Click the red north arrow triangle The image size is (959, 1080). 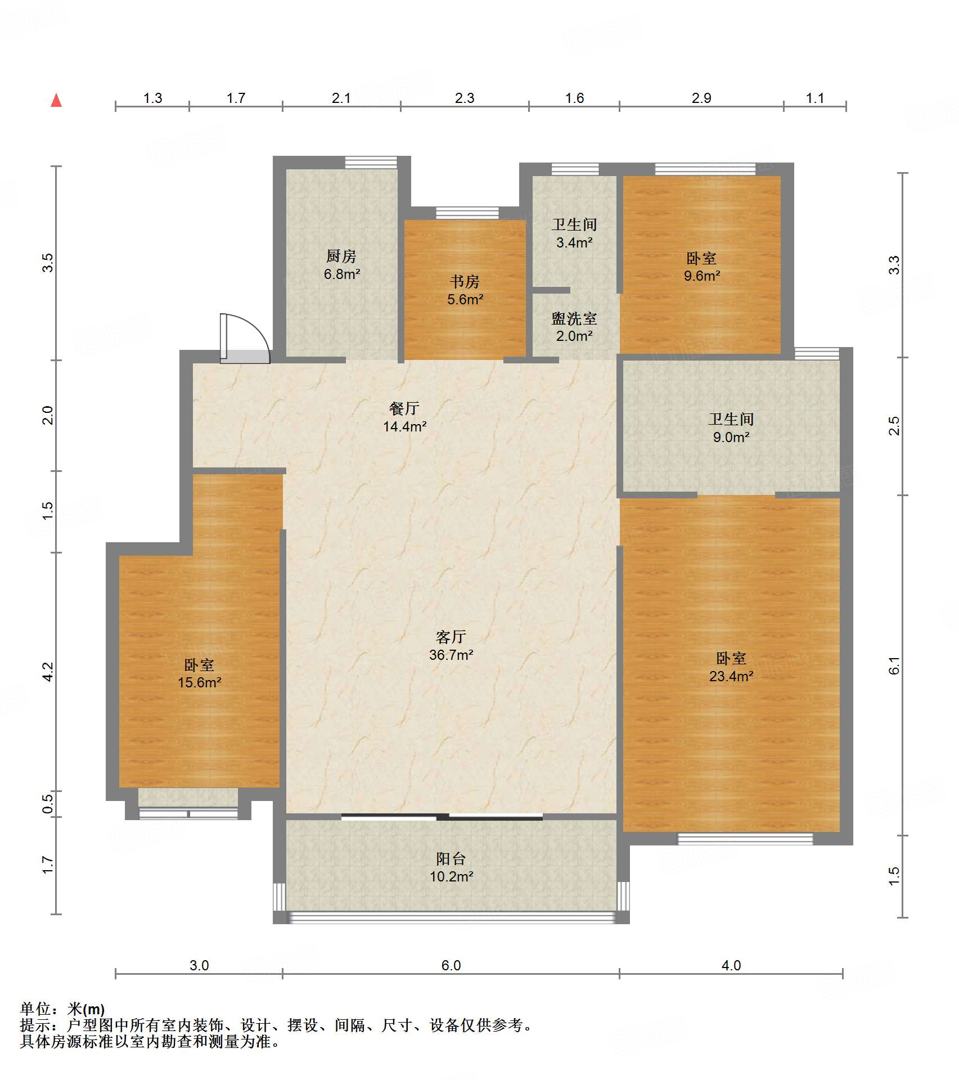click(56, 101)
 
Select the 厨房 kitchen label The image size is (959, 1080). click(341, 256)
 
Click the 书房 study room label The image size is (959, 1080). click(465, 282)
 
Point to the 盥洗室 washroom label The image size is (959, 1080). click(574, 319)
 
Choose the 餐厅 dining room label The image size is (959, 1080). click(404, 408)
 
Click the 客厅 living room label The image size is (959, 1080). click(451, 637)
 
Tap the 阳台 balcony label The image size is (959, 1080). click(451, 859)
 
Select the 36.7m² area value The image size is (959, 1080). click(451, 655)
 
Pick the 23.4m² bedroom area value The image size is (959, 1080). click(731, 676)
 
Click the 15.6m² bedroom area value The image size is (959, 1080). click(200, 682)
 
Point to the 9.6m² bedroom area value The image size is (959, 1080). click(702, 276)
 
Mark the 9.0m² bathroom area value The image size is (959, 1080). click(731, 437)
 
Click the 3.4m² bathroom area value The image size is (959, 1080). click(574, 242)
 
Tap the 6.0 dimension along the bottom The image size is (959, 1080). click(451, 965)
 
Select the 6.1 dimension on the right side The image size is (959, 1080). click(894, 665)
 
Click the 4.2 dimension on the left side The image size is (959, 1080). click(48, 672)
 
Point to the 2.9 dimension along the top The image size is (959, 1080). click(701, 98)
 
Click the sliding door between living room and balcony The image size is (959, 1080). click(442, 816)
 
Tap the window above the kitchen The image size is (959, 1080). click(371, 162)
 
